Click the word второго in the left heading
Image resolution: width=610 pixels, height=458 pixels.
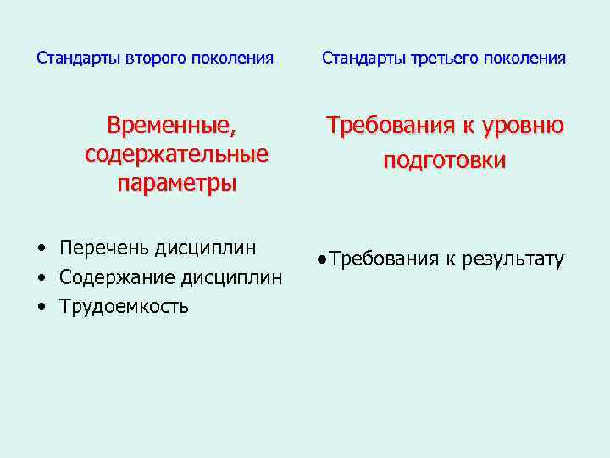coord(158,59)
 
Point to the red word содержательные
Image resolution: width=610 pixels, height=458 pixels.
coord(177,155)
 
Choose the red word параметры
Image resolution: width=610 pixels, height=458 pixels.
coord(177,183)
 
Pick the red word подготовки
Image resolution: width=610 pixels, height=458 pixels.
coord(445,161)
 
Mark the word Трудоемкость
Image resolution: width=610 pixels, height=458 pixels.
coord(125,306)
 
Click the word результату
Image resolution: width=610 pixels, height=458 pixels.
coord(513,260)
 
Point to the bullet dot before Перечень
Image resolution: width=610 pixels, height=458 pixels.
coord(41,249)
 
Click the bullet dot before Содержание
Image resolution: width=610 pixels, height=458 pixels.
coord(41,278)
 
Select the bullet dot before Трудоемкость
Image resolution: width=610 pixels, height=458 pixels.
coord(41,307)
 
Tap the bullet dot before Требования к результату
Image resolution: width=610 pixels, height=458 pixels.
coord(323,260)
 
